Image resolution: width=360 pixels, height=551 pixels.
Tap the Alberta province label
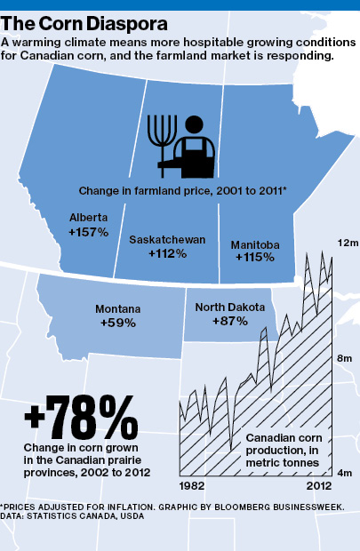coord(88,218)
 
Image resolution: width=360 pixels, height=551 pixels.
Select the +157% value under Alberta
coord(88,232)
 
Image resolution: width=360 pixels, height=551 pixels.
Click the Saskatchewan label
coord(167,240)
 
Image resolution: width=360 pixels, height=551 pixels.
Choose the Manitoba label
coord(255,244)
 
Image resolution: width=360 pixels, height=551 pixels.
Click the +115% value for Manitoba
coord(255,258)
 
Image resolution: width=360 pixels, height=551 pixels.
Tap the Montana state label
coord(118,309)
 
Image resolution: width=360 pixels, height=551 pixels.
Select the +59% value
coord(118,323)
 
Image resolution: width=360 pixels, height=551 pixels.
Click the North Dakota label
coord(230,307)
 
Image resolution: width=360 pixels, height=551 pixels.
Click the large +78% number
coord(81,413)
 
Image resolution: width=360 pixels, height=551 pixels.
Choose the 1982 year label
coord(193,487)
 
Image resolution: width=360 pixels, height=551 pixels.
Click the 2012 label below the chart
coord(318,487)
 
